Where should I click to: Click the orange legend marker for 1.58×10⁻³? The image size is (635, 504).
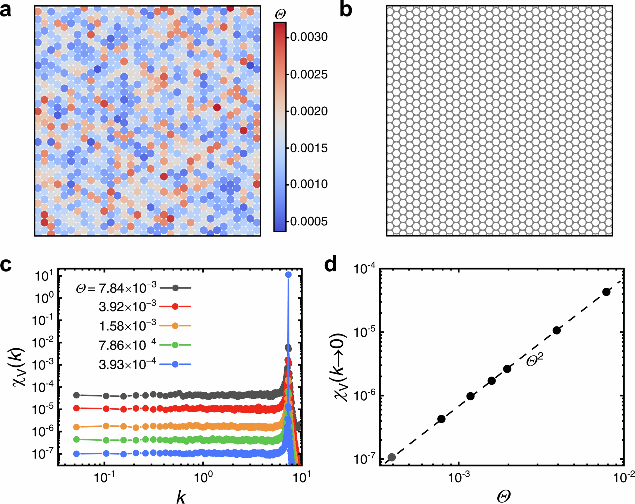[175, 326]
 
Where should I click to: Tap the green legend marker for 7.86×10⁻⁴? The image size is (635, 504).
[175, 345]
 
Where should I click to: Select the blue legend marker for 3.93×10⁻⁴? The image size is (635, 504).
[175, 364]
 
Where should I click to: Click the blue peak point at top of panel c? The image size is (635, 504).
[288, 275]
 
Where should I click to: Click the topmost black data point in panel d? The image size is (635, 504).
[606, 292]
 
